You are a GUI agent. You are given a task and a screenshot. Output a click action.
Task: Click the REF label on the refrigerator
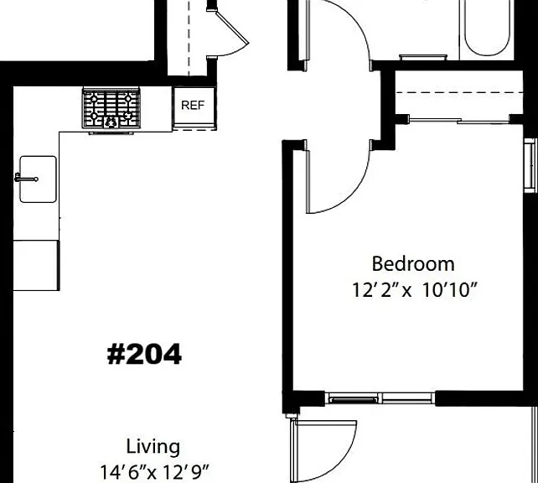(x=193, y=106)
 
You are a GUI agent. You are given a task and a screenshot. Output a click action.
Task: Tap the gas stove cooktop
(x=111, y=109)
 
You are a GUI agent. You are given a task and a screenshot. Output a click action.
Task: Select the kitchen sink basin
(x=38, y=179)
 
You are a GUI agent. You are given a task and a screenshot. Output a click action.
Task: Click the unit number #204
(x=144, y=354)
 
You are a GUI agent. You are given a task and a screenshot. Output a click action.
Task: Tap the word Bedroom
(x=413, y=264)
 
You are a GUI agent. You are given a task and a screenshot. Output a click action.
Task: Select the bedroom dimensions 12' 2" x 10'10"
(x=415, y=290)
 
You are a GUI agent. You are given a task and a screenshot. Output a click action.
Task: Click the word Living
(x=153, y=447)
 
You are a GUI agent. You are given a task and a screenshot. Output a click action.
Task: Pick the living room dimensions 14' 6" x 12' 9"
(x=154, y=472)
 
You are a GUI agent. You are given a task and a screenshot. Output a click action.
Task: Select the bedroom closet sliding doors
(x=459, y=121)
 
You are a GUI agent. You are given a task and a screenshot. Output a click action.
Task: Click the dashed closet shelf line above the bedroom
(x=459, y=93)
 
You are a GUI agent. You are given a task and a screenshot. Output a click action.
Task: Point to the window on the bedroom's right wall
(x=530, y=165)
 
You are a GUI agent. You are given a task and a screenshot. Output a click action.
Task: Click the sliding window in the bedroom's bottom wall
(x=380, y=398)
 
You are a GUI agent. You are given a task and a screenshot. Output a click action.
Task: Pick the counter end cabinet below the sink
(x=36, y=265)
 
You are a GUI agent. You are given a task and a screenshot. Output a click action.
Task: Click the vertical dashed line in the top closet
(x=189, y=38)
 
